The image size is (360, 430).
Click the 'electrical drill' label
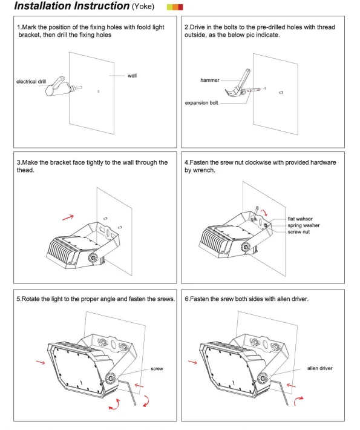31,81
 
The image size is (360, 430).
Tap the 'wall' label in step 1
132,76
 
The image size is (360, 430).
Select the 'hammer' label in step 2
210,80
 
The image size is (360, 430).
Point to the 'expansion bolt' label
201,103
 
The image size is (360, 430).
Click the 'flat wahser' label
300,219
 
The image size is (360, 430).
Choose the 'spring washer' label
304,225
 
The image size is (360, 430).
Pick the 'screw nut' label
299,232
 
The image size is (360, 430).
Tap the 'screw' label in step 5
157,369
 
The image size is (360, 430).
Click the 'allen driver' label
319,368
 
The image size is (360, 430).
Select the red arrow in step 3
68,217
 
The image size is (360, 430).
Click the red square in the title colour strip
180,7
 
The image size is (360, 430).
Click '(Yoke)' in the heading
143,6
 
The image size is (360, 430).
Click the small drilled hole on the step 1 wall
99,91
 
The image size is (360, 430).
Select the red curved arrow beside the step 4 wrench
264,213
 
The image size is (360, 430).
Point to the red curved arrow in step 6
298,401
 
